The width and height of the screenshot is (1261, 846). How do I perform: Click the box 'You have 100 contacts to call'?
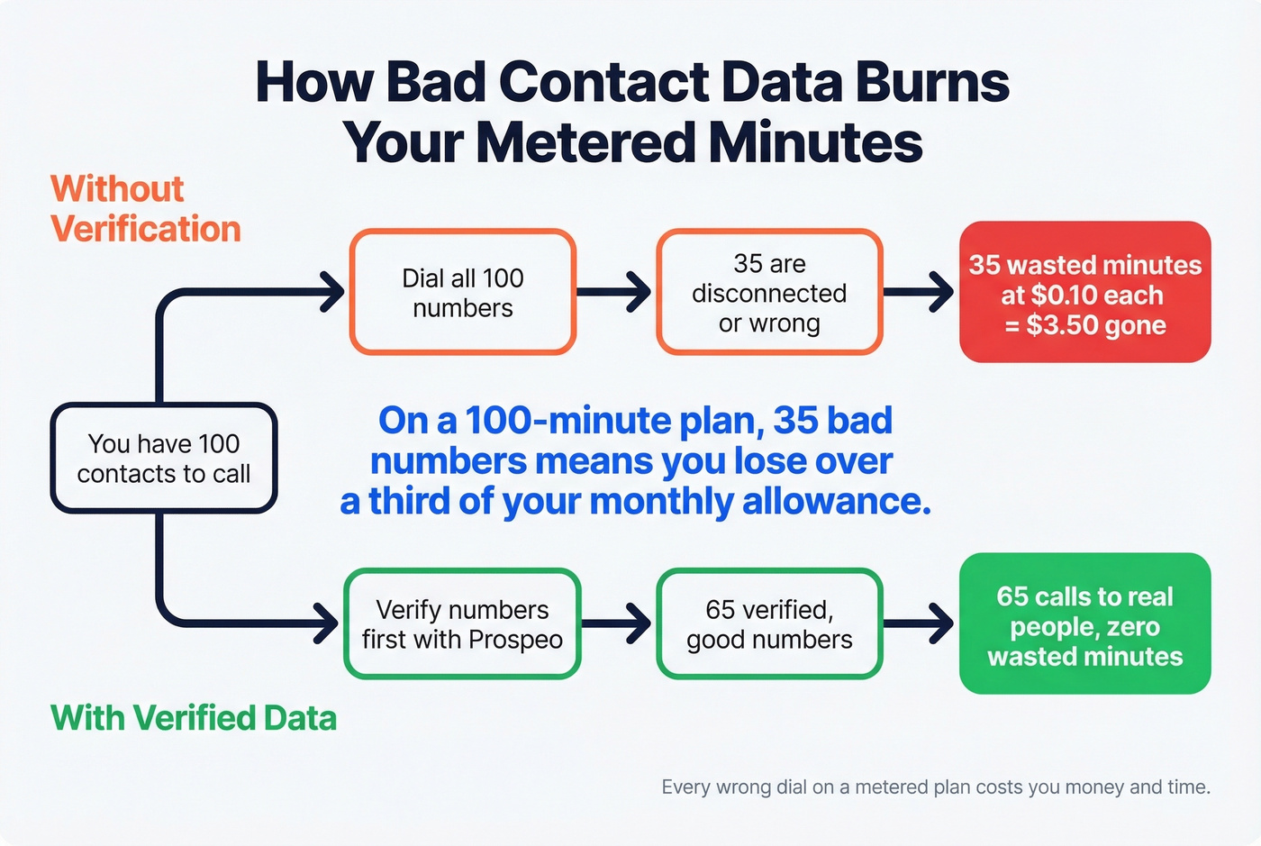click(x=163, y=459)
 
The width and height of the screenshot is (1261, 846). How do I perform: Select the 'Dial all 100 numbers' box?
click(x=462, y=292)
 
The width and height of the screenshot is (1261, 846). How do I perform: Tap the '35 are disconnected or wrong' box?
click(x=769, y=292)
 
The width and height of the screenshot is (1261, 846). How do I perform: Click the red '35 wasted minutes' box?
click(x=1084, y=292)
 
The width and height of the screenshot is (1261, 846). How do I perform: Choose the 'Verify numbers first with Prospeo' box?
click(x=462, y=623)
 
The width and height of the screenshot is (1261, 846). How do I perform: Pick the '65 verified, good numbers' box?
click(x=769, y=623)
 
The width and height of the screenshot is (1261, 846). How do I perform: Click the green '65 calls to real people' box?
click(x=1084, y=623)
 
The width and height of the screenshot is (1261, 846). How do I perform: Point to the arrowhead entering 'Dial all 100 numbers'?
click(x=332, y=292)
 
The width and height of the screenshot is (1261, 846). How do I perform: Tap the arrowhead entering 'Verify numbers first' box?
click(x=327, y=623)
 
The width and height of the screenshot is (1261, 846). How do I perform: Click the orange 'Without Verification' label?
click(x=144, y=209)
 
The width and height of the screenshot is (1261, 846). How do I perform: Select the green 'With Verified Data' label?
click(x=194, y=718)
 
